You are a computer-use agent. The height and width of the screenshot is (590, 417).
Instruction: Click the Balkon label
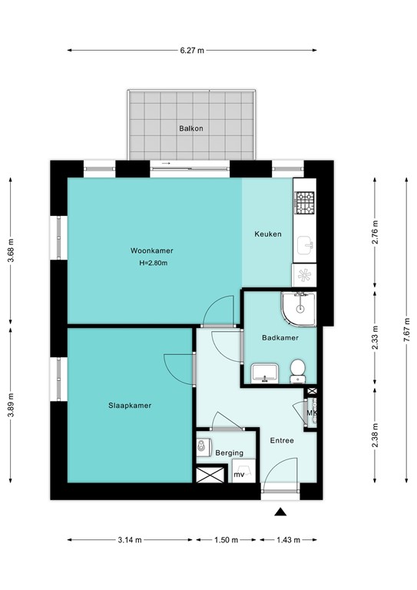[191, 128]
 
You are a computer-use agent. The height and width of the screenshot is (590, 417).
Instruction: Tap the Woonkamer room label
[151, 251]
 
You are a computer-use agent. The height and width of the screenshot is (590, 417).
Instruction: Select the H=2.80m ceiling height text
[153, 264]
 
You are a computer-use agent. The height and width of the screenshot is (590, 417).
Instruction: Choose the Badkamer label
[279, 337]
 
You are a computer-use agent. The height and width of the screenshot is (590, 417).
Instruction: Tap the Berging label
[229, 453]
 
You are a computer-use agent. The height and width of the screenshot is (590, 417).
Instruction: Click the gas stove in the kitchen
[304, 203]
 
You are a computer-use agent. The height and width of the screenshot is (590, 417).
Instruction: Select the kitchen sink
[305, 246]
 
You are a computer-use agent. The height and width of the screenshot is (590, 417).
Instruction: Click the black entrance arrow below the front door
[282, 512]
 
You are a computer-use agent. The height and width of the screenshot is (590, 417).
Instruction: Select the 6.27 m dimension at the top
[192, 51]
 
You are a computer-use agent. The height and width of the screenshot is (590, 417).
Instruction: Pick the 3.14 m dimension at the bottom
[129, 539]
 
